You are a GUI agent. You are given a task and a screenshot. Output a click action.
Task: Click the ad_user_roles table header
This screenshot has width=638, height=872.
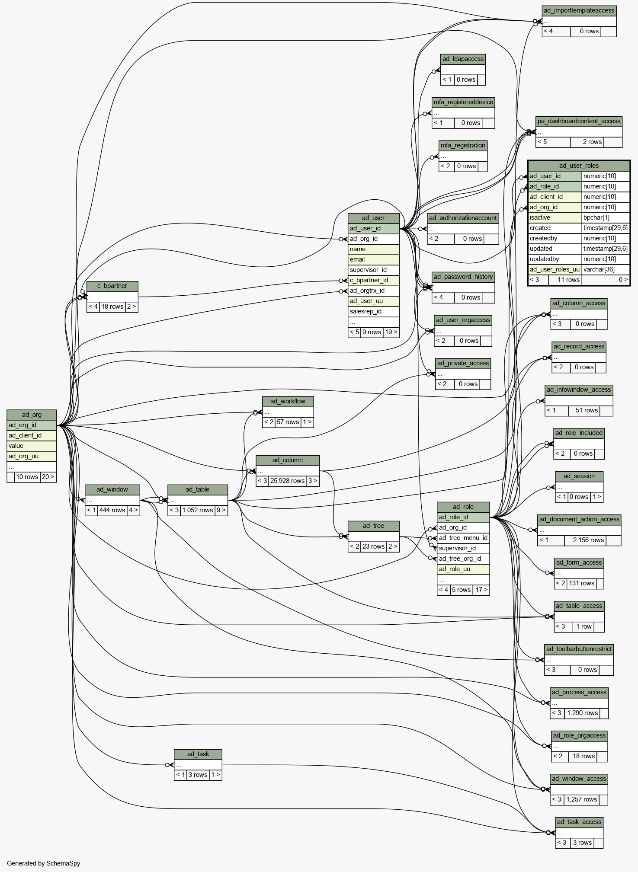tap(579, 166)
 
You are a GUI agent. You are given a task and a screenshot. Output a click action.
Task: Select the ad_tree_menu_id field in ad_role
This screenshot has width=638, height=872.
tap(463, 538)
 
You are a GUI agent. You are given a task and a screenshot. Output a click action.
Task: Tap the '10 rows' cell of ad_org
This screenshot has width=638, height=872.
tap(27, 477)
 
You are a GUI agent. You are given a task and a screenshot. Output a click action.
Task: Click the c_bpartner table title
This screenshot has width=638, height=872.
tap(112, 286)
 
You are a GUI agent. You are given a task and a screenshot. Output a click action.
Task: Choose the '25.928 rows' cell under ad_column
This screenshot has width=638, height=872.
tap(288, 481)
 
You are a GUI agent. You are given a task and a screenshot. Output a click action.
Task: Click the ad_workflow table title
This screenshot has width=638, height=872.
tap(288, 401)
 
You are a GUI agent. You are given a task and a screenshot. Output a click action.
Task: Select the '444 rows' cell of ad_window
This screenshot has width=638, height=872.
tap(112, 510)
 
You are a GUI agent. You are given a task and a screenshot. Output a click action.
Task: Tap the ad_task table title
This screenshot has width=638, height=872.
tap(198, 754)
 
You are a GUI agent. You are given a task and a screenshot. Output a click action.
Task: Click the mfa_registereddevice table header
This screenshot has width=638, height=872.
tap(463, 102)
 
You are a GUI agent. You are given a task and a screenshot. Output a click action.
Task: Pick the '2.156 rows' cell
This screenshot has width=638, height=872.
tap(585, 540)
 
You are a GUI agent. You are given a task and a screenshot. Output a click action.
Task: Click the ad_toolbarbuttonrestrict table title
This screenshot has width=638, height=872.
tap(579, 649)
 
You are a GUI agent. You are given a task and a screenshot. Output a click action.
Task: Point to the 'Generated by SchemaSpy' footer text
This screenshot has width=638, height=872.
tap(44, 863)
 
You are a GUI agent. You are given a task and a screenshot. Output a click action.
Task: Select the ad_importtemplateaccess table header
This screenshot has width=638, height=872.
tap(579, 10)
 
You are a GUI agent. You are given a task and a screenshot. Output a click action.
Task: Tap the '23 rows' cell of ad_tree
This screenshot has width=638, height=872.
tap(374, 546)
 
